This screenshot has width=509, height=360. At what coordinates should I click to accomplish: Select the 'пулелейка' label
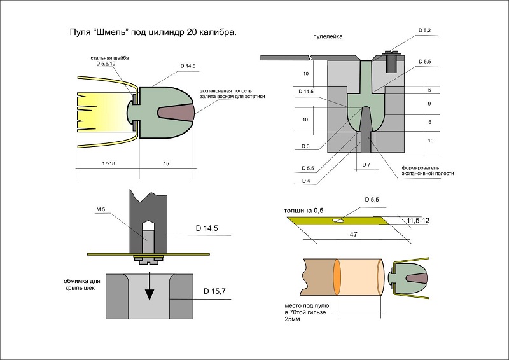(328, 37)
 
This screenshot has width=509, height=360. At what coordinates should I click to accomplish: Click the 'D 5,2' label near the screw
(426, 31)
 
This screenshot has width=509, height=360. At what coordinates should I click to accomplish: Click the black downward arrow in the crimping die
(149, 289)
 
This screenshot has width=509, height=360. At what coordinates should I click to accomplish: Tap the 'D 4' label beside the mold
(307, 180)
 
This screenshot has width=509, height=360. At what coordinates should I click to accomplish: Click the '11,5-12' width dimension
(416, 219)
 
